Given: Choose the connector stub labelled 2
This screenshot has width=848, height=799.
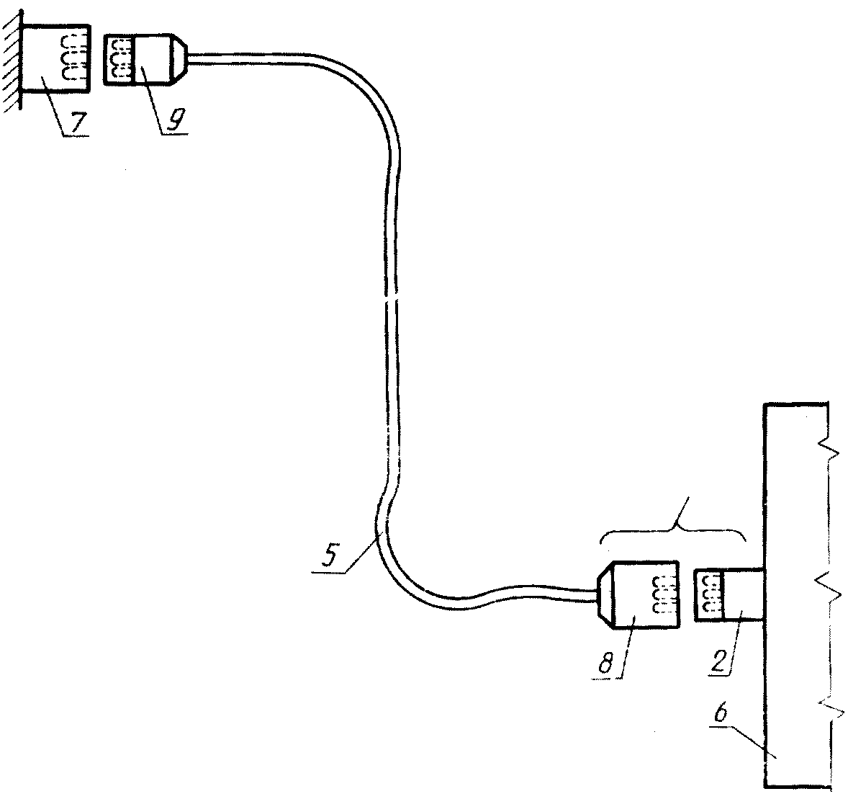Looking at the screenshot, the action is click(727, 594).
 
